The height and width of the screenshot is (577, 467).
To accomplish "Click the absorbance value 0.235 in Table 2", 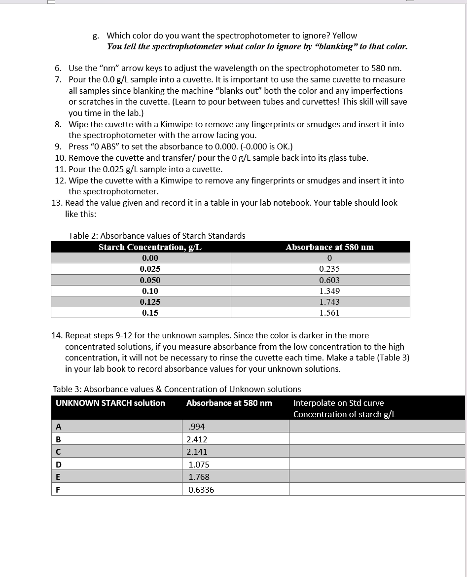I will [329, 269].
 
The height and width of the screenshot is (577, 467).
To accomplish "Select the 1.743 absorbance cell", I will [329, 302].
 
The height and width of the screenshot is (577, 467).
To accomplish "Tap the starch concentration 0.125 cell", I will [150, 302].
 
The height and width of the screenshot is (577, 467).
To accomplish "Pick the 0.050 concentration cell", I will [150, 280].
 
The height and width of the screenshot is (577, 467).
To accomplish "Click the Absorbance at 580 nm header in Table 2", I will [329, 247].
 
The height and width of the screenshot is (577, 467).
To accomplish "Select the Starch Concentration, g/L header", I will [150, 247].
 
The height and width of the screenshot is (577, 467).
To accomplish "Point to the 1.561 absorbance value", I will [329, 313].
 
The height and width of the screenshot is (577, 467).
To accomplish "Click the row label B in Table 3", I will [59, 439].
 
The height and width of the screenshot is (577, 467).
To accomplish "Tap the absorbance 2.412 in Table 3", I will [197, 439].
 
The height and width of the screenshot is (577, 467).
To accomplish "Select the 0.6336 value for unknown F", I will [201, 490].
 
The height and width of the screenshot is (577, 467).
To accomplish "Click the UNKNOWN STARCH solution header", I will [110, 403].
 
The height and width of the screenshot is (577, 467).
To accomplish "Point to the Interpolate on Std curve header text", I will [338, 403].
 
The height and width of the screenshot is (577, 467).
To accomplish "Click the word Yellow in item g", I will [345, 36].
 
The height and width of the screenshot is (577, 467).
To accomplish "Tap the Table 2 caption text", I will [157, 236].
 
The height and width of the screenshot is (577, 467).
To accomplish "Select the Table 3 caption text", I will [177, 389].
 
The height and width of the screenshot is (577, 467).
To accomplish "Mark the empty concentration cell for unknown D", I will [377, 464].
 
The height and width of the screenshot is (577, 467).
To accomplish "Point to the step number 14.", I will [57, 335].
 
